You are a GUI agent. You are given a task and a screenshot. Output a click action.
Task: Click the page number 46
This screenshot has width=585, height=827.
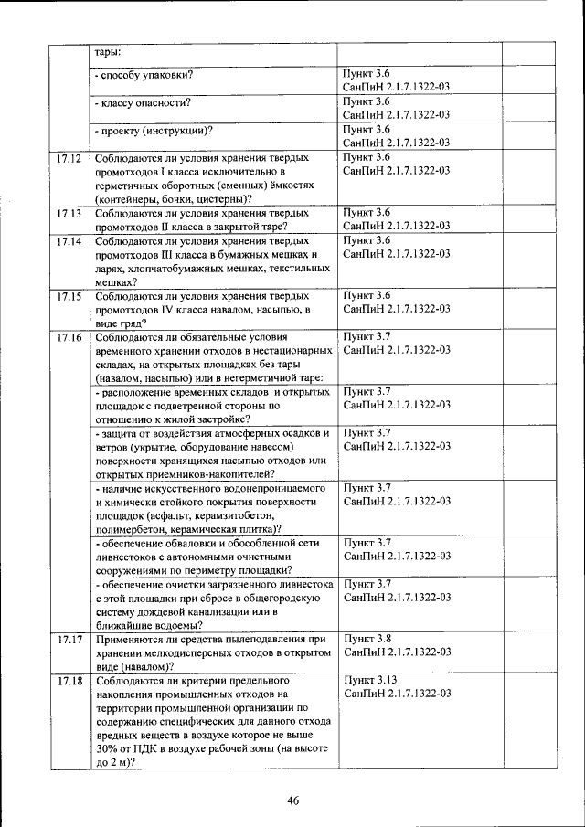click(x=293, y=801)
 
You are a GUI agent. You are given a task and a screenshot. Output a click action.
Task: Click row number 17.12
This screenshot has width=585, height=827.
click(x=69, y=158)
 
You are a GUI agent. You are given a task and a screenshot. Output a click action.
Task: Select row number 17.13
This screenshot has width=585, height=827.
click(x=69, y=213)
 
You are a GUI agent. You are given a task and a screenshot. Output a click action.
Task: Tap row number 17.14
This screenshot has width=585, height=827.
click(x=69, y=241)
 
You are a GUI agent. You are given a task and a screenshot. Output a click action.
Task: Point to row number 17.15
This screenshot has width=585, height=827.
click(x=69, y=296)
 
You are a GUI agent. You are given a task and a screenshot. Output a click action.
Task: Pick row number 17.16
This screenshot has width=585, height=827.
click(x=69, y=337)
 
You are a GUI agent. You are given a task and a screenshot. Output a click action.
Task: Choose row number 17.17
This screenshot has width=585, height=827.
click(x=69, y=640)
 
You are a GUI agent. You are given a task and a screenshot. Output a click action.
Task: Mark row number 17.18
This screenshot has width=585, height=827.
click(x=69, y=681)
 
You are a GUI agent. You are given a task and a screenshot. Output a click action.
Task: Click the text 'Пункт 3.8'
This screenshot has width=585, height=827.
click(x=367, y=640)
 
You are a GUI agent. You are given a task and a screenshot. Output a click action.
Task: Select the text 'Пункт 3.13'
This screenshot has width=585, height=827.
click(x=369, y=681)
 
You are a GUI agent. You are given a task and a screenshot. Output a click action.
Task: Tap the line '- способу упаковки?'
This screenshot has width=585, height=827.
click(x=148, y=74)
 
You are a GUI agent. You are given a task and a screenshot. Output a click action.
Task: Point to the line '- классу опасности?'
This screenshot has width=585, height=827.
click(x=146, y=102)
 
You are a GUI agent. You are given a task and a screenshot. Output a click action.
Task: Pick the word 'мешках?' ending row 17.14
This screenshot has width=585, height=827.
click(x=116, y=282)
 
